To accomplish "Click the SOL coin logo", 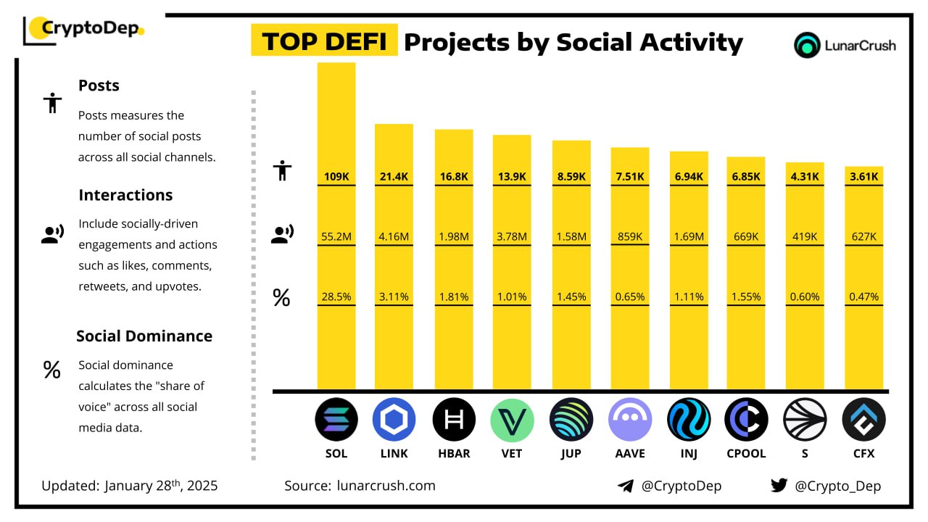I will (x=336, y=420).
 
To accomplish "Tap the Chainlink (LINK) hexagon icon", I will (x=394, y=420).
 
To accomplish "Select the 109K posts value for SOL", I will (x=336, y=176).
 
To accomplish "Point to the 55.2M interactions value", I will (x=336, y=236).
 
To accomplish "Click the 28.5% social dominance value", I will (x=336, y=297).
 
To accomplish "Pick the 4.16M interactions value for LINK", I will (x=394, y=236).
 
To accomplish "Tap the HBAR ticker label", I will (x=454, y=454).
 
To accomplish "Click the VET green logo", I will (x=512, y=420).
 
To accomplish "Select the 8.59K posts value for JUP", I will (x=571, y=176).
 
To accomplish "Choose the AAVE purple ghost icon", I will (x=630, y=420).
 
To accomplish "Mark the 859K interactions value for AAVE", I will (x=630, y=236).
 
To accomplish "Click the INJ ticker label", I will (x=688, y=454).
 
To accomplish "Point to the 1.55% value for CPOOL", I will (x=746, y=297).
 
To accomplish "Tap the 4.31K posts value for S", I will (x=805, y=176).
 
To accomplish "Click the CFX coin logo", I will (x=863, y=420).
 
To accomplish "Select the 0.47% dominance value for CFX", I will (x=863, y=297).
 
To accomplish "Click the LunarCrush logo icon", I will (x=807, y=45).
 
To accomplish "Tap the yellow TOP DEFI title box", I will (x=324, y=42).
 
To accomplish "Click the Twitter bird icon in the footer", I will (x=779, y=485).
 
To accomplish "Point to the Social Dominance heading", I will (x=144, y=336).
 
